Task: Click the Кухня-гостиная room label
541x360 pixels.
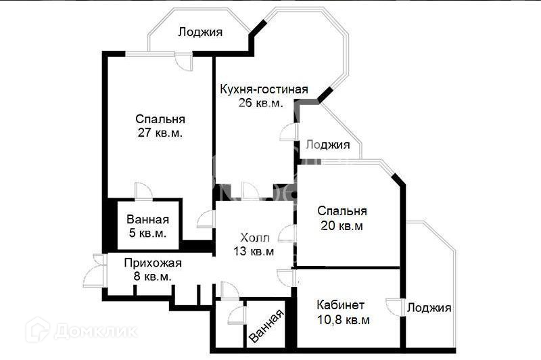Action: coord(264,89)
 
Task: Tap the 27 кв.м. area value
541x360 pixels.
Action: coord(160,133)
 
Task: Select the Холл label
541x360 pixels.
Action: coord(255,238)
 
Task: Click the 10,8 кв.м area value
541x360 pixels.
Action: coord(343,320)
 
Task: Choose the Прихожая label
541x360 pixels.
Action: coord(152,263)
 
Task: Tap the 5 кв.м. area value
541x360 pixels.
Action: coord(147,233)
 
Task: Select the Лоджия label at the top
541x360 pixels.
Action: coord(201,31)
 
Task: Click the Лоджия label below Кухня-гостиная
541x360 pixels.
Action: coord(327,145)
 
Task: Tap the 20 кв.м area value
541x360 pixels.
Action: coord(342,226)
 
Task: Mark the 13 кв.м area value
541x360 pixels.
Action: coord(254,252)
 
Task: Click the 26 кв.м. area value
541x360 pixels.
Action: coord(260,103)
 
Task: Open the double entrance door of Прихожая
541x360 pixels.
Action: coord(95,273)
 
